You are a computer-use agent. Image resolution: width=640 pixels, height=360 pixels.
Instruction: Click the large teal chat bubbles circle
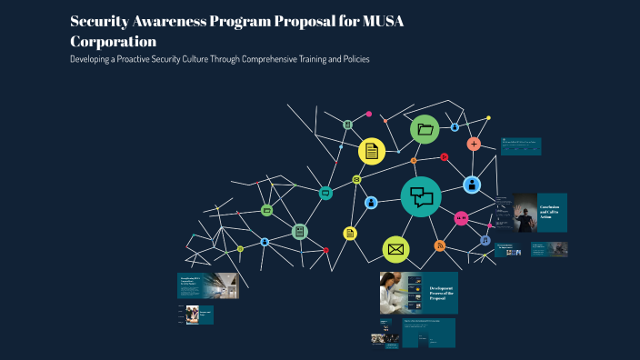click(421, 196)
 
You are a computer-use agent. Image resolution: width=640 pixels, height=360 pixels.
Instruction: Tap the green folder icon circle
click(425, 130)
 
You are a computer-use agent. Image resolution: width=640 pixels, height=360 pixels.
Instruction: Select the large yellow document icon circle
click(371, 151)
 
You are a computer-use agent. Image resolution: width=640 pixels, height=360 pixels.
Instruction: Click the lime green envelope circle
click(395, 248)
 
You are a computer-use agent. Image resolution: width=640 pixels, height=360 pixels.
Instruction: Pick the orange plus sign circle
click(474, 144)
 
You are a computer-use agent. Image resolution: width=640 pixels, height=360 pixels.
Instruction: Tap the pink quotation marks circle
click(461, 218)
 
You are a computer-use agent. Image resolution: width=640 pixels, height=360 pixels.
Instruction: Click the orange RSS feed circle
click(440, 245)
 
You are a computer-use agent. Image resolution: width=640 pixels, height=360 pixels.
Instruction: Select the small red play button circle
click(444, 157)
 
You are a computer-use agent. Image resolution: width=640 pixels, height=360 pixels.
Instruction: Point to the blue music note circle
click(485, 241)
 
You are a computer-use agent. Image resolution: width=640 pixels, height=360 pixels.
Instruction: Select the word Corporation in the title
click(113, 41)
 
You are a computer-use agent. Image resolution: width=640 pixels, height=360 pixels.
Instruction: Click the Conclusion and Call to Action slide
click(540, 213)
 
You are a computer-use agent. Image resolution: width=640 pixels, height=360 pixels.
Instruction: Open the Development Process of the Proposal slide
click(418, 293)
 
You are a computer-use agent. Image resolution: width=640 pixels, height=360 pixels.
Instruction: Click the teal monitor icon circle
click(325, 193)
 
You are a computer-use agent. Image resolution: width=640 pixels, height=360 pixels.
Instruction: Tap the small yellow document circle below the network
click(349, 234)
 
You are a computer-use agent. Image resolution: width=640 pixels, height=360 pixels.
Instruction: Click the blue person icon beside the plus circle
click(472, 185)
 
